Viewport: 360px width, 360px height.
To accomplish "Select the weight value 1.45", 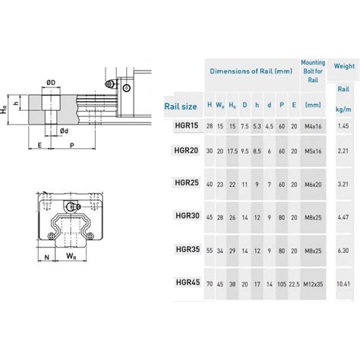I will coord(344,125).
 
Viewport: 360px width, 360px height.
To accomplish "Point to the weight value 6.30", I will coord(344,248).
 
